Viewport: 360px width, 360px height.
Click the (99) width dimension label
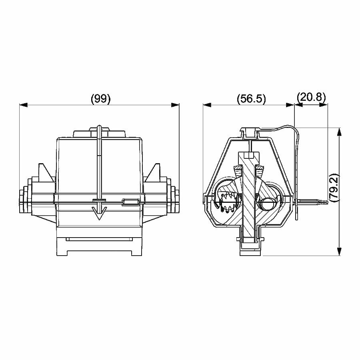click(101, 99)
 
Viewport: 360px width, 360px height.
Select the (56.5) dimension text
click(252, 99)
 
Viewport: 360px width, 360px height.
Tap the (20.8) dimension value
click(311, 97)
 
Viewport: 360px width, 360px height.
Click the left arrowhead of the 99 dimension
click(24, 105)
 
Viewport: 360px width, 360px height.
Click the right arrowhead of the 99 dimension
click(175, 105)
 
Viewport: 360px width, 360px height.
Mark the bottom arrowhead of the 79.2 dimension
click(339, 251)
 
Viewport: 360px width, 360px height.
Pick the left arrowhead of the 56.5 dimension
click(207, 105)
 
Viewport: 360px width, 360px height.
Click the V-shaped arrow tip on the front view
click(99, 213)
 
